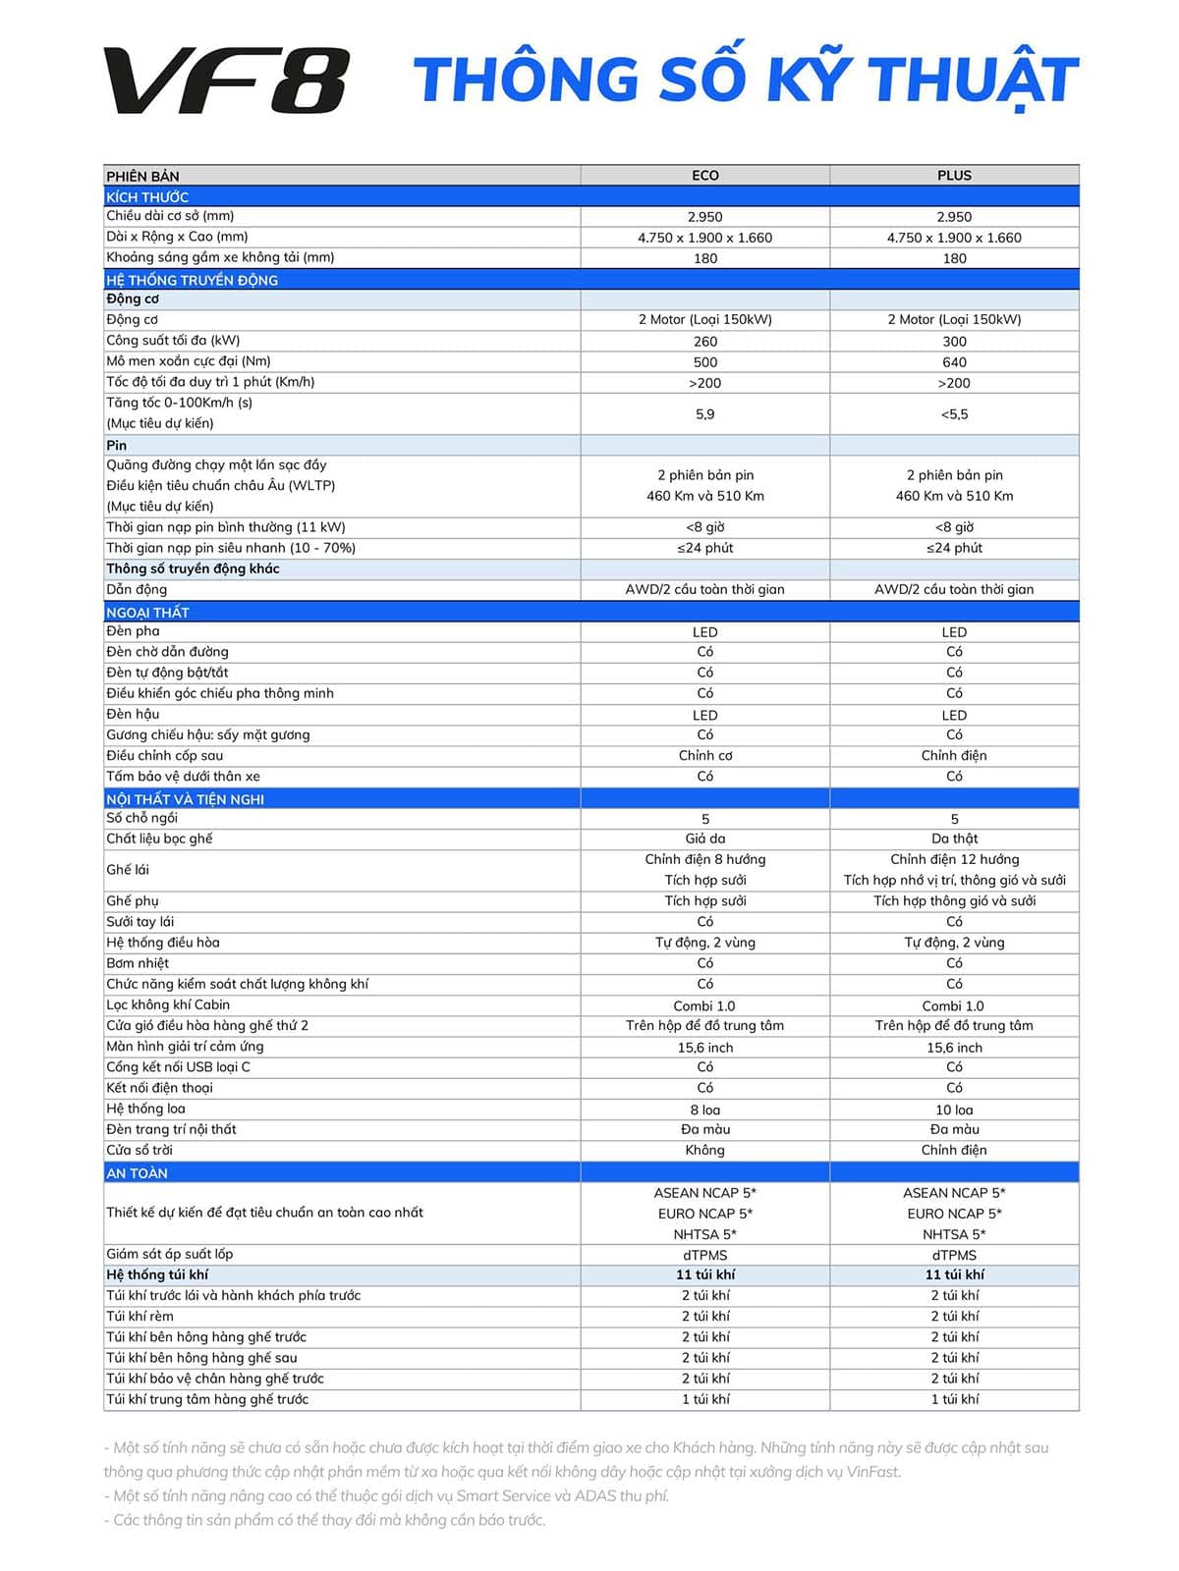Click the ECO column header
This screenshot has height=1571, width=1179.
(704, 176)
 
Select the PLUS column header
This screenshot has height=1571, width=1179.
(954, 176)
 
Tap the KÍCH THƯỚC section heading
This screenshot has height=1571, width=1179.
(147, 197)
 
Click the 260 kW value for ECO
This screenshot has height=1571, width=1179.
(704, 342)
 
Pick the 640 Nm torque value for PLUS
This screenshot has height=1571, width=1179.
(954, 362)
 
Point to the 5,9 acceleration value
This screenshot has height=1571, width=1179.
(704, 414)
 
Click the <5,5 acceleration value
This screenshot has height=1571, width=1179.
(954, 414)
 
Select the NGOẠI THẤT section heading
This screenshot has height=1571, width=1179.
(147, 613)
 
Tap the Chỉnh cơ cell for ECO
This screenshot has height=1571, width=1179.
(704, 756)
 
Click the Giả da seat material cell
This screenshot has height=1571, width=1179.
(704, 839)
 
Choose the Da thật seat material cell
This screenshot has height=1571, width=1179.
(954, 839)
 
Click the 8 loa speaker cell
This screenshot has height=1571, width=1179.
(704, 1110)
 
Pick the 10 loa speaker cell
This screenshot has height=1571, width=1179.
(954, 1110)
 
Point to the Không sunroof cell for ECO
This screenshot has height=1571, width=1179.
(704, 1151)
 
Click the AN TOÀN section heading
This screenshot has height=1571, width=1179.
(137, 1173)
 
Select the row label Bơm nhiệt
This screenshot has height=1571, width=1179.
(138, 963)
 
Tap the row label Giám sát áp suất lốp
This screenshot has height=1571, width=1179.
(169, 1254)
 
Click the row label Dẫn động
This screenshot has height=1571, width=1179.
(137, 590)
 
